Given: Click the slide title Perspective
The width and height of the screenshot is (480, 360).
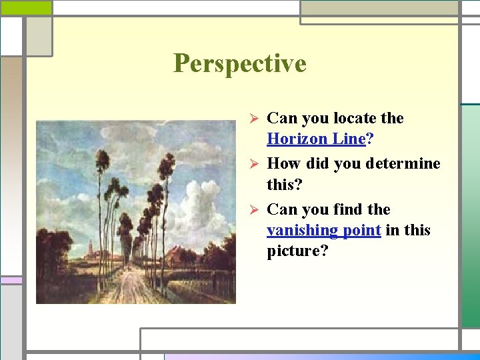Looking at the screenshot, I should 239,63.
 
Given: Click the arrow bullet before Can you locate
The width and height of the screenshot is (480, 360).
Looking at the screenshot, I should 253,119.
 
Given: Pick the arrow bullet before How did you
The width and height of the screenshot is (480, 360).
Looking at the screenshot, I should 253,164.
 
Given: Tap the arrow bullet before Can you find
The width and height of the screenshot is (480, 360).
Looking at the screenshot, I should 253,210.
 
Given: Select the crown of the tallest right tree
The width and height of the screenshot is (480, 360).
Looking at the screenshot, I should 166,163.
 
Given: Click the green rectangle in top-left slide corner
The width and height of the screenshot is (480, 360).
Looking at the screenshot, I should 25,7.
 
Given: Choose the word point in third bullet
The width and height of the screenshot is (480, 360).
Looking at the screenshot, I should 361,230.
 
